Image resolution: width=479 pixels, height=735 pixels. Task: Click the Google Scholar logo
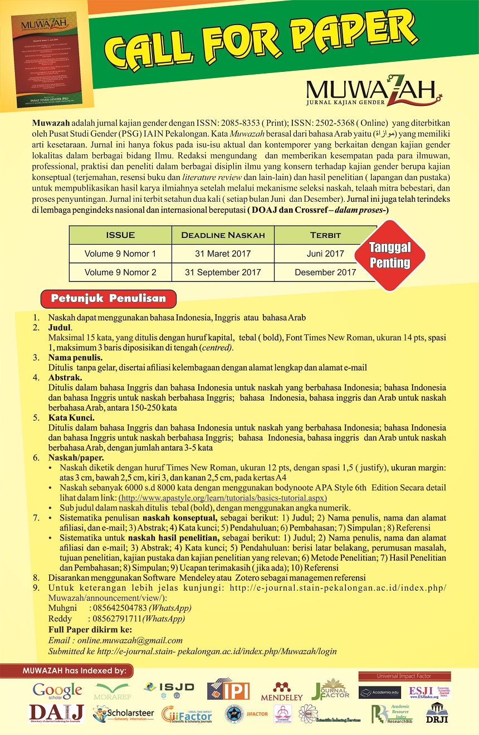tap(57, 691)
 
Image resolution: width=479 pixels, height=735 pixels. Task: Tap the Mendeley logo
tap(289, 692)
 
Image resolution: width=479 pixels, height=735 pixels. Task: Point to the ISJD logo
tap(169, 688)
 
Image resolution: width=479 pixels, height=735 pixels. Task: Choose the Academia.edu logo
tap(380, 693)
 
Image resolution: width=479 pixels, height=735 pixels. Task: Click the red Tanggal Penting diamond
tap(390, 256)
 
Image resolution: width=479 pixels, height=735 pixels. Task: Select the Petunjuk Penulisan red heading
tap(109, 298)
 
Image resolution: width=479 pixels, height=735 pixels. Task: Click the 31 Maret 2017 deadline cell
tap(223, 254)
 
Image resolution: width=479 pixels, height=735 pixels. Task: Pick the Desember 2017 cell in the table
tap(325, 272)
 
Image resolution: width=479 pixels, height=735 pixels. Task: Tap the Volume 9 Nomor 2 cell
tap(120, 272)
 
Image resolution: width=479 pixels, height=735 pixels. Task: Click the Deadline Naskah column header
tap(223, 235)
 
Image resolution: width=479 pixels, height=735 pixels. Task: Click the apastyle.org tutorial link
tap(223, 498)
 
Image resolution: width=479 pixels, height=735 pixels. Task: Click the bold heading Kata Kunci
tap(71, 417)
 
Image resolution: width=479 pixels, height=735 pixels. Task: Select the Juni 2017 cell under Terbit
tap(325, 254)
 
